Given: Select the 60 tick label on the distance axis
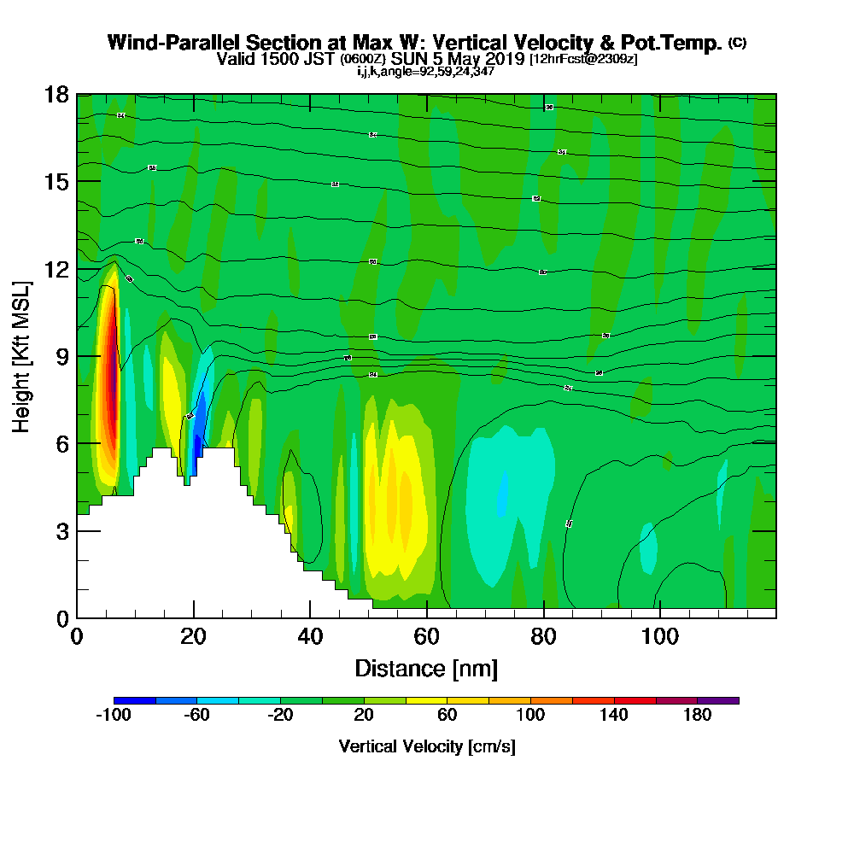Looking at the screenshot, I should click(427, 637).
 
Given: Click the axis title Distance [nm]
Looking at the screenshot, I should click(426, 668).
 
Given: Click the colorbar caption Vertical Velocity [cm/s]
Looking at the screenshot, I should click(427, 746).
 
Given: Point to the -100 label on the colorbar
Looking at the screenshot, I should click(113, 716).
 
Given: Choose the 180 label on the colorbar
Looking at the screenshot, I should click(698, 716).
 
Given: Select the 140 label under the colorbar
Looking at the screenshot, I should click(614, 716).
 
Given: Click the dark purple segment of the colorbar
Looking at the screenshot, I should click(718, 700).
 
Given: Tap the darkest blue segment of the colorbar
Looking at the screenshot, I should click(134, 700).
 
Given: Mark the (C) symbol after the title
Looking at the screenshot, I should click(737, 43).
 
